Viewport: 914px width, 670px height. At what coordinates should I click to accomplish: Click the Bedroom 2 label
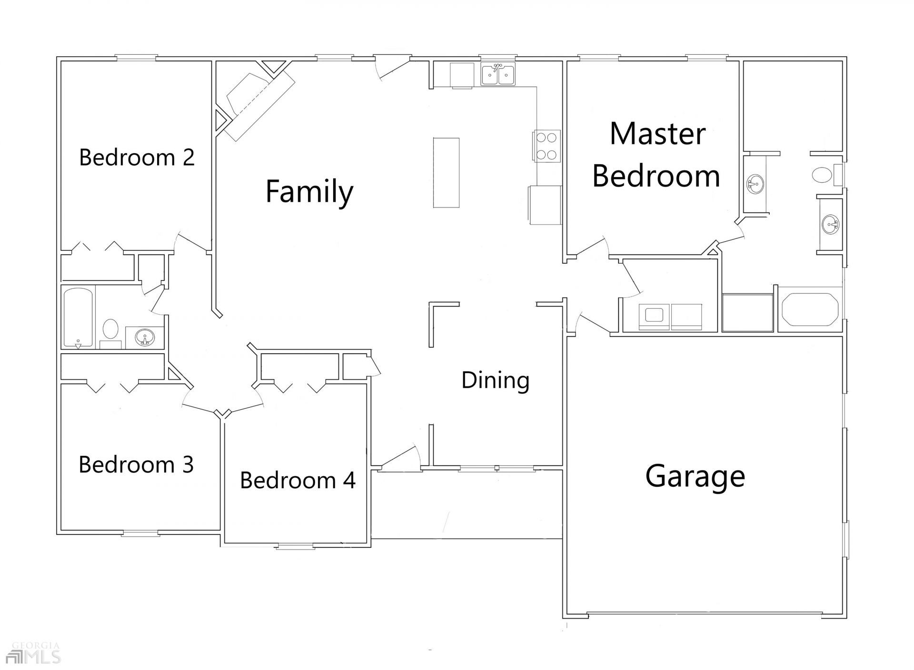click(x=137, y=157)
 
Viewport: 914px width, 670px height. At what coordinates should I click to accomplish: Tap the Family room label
click(x=309, y=191)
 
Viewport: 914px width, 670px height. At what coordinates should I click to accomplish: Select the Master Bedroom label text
click(x=656, y=155)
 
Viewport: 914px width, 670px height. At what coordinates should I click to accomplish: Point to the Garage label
click(x=695, y=476)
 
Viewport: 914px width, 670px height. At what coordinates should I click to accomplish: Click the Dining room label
click(x=496, y=380)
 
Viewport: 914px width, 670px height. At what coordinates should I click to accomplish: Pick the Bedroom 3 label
click(x=136, y=464)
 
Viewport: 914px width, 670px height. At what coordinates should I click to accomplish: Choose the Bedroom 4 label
click(x=298, y=480)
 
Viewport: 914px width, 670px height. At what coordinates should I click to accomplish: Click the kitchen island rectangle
click(x=446, y=173)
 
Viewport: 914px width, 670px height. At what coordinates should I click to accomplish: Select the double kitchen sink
click(x=498, y=74)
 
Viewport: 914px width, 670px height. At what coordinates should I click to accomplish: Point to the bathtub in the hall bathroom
click(x=79, y=317)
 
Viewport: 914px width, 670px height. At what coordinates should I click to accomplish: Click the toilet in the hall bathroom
click(x=111, y=329)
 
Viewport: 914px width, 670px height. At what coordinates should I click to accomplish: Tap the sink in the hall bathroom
click(x=144, y=338)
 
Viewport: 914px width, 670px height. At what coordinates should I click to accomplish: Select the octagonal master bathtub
click(x=810, y=309)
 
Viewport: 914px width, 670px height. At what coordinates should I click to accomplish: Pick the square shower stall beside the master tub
click(x=747, y=312)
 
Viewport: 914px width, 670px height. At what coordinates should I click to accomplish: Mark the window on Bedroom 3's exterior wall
click(x=140, y=533)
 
